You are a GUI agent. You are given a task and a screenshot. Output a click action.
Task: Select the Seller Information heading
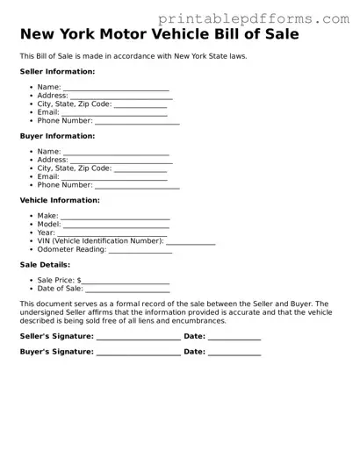[57, 71]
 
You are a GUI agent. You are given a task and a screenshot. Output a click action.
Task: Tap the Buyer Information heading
[57, 136]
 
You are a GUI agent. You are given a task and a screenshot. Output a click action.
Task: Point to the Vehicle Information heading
[60, 200]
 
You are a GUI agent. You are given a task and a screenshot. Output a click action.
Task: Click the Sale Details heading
[45, 264]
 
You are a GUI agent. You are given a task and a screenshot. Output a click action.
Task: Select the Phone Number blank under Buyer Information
[137, 187]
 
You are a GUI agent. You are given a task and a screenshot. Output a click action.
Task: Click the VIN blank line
[191, 242]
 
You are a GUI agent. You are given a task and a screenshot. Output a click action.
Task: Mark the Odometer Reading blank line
[140, 251]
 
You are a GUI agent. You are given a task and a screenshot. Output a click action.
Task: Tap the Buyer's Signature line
[138, 354]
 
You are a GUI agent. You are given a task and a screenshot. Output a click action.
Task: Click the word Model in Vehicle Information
[48, 225]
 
